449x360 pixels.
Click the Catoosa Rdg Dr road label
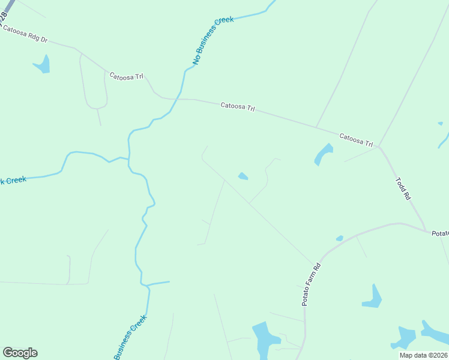click(25, 35)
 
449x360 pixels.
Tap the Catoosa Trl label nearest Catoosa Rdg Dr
click(126, 77)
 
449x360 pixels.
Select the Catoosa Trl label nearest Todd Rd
click(357, 140)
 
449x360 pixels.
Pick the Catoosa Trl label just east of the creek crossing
click(238, 107)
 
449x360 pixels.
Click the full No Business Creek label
click(212, 41)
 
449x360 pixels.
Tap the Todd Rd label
click(403, 188)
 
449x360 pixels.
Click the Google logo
click(20, 353)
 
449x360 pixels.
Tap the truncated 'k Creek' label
click(13, 180)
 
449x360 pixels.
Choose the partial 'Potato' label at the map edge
click(440, 233)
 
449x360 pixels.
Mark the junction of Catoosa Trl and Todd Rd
click(379, 146)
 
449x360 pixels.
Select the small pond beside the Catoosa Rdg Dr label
click(43, 64)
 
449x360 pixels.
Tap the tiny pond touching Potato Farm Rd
click(340, 238)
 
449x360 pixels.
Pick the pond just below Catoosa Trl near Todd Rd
click(323, 154)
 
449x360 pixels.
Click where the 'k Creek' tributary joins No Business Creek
click(128, 159)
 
